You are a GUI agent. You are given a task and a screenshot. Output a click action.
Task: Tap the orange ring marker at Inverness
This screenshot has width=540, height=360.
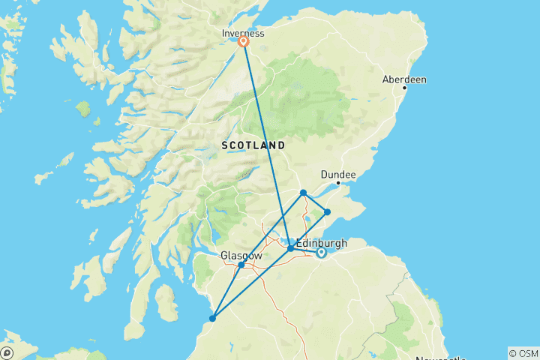pos(244,42)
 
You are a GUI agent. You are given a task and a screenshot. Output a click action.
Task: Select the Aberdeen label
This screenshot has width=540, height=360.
pos(404,79)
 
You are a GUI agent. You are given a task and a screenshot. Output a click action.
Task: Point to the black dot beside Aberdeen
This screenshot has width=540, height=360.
pos(404,88)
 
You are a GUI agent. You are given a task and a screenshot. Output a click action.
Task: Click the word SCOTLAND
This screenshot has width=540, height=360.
pos(253,144)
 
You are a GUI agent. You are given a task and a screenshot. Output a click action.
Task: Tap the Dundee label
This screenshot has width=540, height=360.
pos(338,174)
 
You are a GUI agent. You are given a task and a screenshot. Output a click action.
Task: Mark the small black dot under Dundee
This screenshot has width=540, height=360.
pos(338,182)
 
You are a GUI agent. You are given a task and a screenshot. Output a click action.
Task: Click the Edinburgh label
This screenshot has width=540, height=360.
pos(322,242)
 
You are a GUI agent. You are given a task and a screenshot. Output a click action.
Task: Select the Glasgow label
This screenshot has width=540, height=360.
pos(241,256)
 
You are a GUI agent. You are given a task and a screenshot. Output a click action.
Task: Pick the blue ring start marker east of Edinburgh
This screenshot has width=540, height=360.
pos(321,253)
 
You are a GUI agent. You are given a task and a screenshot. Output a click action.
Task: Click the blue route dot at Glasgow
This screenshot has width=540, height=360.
pos(241,265)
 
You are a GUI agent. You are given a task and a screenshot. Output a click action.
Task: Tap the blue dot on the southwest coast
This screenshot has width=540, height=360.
pos(212,319)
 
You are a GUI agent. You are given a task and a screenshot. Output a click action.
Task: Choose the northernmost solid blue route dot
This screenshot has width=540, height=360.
pos(303,193)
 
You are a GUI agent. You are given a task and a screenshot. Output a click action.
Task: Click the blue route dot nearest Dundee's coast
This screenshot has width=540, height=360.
pos(327,212)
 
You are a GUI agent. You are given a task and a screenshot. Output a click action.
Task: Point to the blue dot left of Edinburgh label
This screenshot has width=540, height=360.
pos(290,247)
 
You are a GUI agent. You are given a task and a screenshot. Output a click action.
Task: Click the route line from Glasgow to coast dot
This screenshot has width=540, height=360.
pos(226,292)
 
